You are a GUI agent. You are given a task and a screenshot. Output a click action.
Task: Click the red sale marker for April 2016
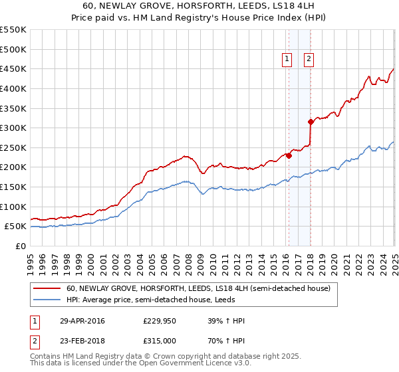289,155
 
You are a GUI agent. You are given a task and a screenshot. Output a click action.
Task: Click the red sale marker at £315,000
311,122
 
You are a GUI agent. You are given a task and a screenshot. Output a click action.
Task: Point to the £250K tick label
13,147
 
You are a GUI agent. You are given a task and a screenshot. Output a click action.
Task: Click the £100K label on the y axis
13,207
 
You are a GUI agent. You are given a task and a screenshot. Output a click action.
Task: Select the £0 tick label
21,246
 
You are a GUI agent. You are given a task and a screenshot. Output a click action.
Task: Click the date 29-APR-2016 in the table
82,322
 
